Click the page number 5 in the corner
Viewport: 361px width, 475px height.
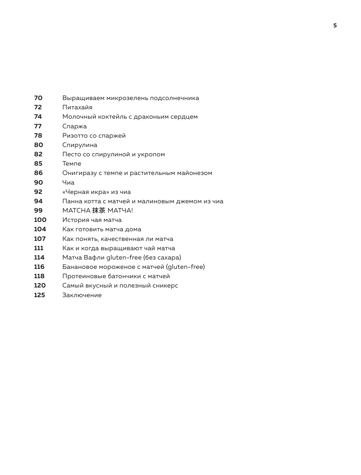335,26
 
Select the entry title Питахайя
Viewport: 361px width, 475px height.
77,107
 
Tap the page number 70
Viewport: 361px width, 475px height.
38,98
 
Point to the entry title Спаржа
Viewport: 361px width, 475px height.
75,126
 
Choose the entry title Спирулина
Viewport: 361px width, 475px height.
80,145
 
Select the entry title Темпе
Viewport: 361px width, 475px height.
72,164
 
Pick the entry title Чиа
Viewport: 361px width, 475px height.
68,183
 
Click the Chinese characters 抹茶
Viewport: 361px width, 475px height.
99,211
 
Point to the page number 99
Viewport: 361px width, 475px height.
38,211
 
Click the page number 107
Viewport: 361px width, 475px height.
40,239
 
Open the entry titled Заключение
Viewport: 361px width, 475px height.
82,295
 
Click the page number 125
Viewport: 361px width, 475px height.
40,295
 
